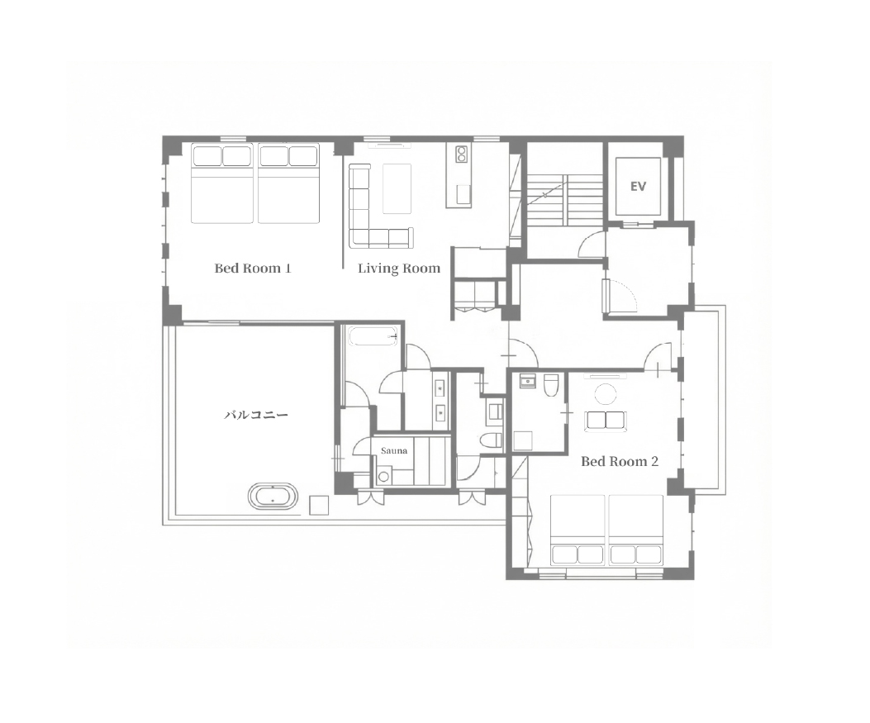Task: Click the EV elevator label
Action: click(x=638, y=187)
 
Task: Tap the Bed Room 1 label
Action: click(x=253, y=269)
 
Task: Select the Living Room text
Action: click(x=399, y=269)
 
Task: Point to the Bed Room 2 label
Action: click(x=620, y=461)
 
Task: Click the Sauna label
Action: click(x=394, y=450)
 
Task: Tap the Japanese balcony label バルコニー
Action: click(x=256, y=415)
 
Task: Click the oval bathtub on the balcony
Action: click(x=273, y=496)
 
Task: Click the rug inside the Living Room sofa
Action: click(x=397, y=188)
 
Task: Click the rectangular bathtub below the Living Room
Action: click(x=373, y=337)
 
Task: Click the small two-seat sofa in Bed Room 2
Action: click(x=606, y=421)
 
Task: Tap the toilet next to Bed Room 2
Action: click(x=551, y=386)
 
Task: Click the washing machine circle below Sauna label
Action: click(x=383, y=476)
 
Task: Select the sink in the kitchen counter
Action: click(x=463, y=195)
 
